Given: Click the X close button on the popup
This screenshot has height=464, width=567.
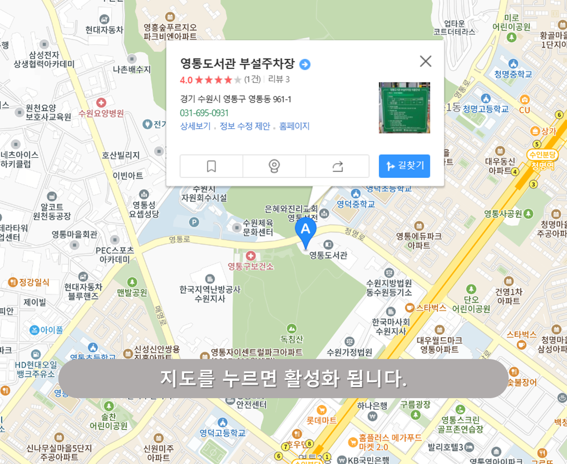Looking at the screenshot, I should [425, 61].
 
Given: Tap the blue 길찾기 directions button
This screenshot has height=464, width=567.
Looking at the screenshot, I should [404, 166].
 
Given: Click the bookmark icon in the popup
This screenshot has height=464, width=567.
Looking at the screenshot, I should [211, 166].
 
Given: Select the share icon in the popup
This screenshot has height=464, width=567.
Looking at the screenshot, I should [337, 166].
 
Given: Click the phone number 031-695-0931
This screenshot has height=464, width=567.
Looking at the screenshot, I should [204, 113].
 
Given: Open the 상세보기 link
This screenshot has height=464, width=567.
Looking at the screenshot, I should [195, 126].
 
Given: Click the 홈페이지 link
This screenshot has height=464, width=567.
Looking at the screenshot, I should [294, 126].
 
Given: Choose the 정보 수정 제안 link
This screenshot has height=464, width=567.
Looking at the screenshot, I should [245, 126].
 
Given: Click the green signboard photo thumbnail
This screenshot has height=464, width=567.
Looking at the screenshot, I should [404, 108].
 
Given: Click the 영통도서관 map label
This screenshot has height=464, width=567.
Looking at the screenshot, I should [328, 255].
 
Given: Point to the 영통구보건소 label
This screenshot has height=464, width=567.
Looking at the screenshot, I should [251, 266].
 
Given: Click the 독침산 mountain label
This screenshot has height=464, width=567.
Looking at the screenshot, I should [292, 339].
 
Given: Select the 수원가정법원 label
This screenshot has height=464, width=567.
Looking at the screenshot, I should [349, 352].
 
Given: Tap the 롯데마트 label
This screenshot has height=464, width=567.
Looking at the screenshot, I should [322, 420].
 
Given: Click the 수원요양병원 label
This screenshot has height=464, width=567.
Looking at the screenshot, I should [101, 113].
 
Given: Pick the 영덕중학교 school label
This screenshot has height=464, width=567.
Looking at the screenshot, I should [356, 204].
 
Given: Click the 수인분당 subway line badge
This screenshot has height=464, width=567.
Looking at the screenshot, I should [542, 155].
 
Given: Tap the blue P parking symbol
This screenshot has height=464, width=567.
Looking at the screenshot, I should [194, 222].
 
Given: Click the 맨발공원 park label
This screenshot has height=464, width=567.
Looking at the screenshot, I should [132, 292].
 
